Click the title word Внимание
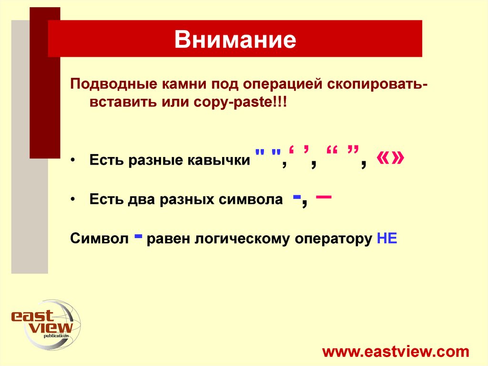tap(235, 40)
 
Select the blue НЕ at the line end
tap(386, 239)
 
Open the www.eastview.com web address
tap(396, 352)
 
